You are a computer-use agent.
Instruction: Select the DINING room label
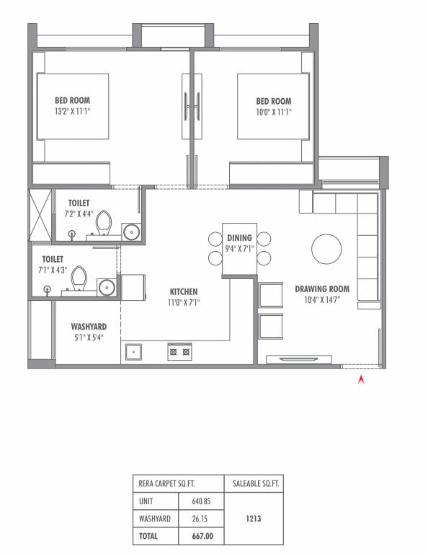[x=239, y=238]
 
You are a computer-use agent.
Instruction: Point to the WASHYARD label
[x=89, y=327]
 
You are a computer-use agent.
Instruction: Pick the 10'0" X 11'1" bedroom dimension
[x=274, y=112]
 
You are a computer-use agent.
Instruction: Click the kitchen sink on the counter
[x=133, y=352]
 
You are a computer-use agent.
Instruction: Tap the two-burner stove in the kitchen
[x=179, y=352]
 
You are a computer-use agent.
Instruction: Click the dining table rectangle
[x=239, y=249]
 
